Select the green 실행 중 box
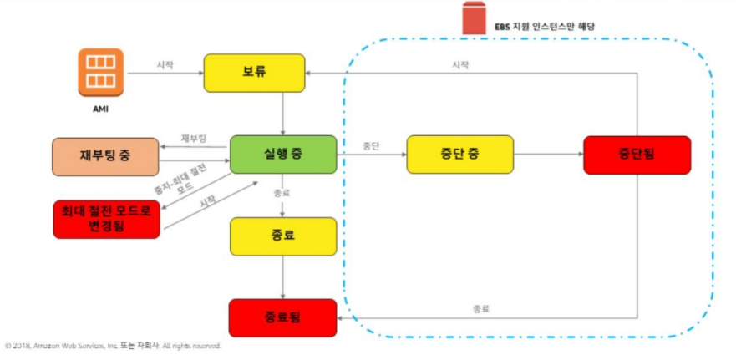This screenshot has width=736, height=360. [283, 155]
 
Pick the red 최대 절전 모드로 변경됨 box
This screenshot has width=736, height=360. [105, 219]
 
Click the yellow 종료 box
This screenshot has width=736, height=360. [283, 236]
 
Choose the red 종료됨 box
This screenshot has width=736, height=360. [283, 317]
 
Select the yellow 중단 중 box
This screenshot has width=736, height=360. [459, 155]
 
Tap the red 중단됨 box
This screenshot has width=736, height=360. [637, 155]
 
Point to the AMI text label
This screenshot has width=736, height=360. [100, 109]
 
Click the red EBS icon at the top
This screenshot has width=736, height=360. [475, 18]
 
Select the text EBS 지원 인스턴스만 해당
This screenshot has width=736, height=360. [543, 26]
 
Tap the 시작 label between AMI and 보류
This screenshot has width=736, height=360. [165, 64]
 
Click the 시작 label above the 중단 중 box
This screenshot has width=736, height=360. [460, 64]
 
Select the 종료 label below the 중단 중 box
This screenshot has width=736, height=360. [481, 308]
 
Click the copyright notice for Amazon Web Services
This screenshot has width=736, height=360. [113, 345]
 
